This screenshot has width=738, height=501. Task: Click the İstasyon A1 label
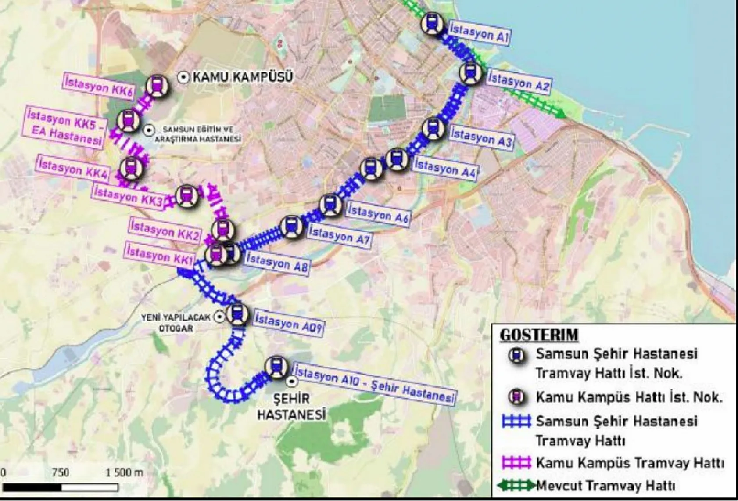pos(479,33)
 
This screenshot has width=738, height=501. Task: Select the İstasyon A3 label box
pos(481,138)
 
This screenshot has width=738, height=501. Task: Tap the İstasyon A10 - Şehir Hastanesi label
pos(374,384)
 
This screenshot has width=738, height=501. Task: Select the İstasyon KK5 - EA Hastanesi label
pos(65,127)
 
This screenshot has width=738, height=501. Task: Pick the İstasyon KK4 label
pos(73,169)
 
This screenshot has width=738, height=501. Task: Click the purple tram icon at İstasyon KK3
pos(187,195)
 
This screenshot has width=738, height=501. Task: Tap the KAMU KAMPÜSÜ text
pos(242,77)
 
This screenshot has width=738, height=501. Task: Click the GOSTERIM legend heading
pos(539,335)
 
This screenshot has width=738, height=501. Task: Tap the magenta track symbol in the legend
pos(516,463)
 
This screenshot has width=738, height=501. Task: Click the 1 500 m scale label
pos(124,472)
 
